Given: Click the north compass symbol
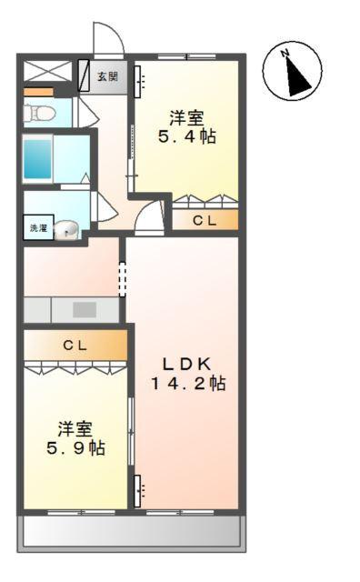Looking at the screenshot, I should pyautogui.click(x=292, y=72).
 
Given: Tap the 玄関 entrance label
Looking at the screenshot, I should pyautogui.click(x=107, y=77).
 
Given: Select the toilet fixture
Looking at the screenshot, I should pyautogui.click(x=38, y=114).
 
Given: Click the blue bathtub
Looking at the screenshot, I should pyautogui.click(x=41, y=159).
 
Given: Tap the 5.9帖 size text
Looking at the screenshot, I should pyautogui.click(x=75, y=447).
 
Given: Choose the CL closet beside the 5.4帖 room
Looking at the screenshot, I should pyautogui.click(x=205, y=219).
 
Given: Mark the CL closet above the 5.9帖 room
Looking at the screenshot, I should pyautogui.click(x=75, y=346).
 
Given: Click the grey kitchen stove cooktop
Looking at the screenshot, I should pyautogui.click(x=84, y=309).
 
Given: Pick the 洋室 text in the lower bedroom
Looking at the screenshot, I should pyautogui.click(x=75, y=426).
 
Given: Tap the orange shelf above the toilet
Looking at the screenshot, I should pyautogui.click(x=38, y=92).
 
